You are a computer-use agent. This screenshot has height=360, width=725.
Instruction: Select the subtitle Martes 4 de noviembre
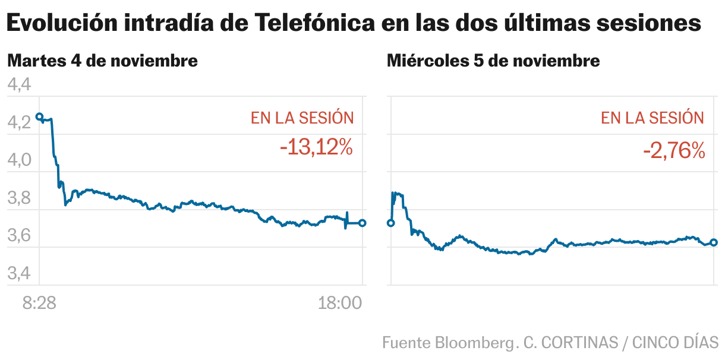tap(102, 61)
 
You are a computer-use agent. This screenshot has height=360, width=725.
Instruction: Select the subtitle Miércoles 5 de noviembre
tap(493, 61)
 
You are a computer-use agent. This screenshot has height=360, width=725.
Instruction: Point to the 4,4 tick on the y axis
tap(18, 86)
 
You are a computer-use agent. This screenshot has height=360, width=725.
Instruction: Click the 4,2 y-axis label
tap(18, 124)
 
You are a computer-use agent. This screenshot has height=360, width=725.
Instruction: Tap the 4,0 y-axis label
tap(18, 161)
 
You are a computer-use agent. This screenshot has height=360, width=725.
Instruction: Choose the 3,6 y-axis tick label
tap(18, 236)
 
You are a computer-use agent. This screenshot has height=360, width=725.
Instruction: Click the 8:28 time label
tap(39, 304)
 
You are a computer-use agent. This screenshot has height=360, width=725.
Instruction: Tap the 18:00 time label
tap(341, 304)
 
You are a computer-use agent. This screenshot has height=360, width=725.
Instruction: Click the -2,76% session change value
tap(673, 151)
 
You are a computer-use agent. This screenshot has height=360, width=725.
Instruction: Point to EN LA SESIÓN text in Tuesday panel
tap(302, 118)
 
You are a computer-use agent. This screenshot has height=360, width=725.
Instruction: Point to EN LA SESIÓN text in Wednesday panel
tap(652, 118)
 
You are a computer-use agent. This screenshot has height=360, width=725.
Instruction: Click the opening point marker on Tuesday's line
tap(39, 116)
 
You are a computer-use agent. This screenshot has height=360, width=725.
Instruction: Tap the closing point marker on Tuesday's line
tap(363, 223)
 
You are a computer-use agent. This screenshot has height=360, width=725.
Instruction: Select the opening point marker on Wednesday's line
tap(390, 223)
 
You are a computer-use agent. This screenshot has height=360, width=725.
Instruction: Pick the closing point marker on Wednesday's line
tap(714, 242)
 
